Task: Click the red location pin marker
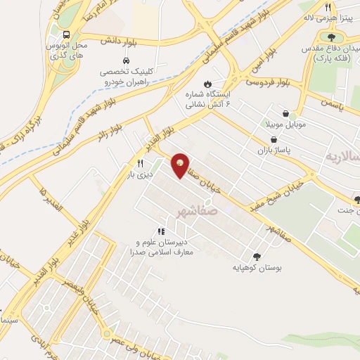[181, 165]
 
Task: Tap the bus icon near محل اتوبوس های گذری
[66, 34]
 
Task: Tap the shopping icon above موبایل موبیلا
[286, 113]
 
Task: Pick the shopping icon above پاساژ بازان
[283, 140]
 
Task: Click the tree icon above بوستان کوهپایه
[255, 257]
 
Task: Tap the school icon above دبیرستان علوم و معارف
[161, 231]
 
